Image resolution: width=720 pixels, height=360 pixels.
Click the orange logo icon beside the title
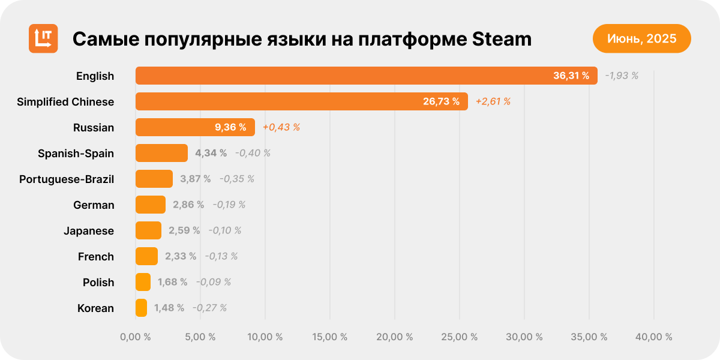[x=43, y=38]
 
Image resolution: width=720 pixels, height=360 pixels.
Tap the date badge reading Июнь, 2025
[x=641, y=39]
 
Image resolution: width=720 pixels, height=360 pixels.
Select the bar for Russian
[x=195, y=127]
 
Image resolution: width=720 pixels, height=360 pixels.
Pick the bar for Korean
[x=142, y=308]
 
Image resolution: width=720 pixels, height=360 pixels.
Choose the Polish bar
[x=143, y=282]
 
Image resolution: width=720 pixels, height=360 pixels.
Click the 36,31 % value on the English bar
[x=571, y=76]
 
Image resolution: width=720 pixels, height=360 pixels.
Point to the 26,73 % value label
[x=441, y=101]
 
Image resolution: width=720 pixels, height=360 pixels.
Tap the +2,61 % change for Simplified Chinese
[x=493, y=101]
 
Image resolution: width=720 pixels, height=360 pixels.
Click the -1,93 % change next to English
[x=622, y=76]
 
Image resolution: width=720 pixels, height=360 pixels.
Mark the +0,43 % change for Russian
[x=281, y=127]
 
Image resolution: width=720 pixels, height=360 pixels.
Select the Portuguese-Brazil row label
[x=67, y=179]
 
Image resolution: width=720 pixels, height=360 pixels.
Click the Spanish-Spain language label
[x=76, y=153]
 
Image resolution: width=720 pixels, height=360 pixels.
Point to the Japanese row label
[x=89, y=230]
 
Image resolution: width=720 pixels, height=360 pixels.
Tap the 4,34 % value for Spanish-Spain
[x=211, y=153]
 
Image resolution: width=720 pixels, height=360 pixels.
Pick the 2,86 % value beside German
[x=188, y=205]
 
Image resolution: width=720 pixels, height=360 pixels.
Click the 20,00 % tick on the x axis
[x=395, y=337]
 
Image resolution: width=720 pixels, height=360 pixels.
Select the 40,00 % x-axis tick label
[x=654, y=337]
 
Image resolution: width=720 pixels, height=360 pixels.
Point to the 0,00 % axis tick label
[x=136, y=337]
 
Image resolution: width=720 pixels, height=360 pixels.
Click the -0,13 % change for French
[x=221, y=256]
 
